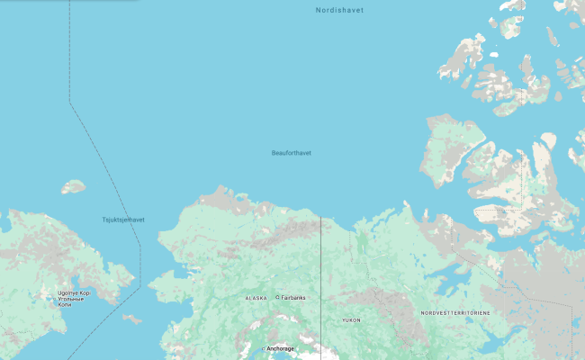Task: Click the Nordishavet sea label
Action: (339, 10)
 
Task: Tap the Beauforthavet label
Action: (291, 153)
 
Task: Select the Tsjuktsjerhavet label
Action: (123, 220)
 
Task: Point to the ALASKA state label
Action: (256, 298)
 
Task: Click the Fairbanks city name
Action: (293, 298)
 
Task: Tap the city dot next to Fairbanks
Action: (277, 298)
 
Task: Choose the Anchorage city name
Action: (281, 348)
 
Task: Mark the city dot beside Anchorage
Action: (264, 348)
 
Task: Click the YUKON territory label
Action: (351, 320)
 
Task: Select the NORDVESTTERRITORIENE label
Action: (455, 313)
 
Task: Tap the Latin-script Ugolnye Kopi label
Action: (75, 293)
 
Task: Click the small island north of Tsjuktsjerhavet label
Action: (73, 187)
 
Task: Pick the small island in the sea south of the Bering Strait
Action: (132, 319)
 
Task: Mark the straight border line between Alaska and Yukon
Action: (321, 270)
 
